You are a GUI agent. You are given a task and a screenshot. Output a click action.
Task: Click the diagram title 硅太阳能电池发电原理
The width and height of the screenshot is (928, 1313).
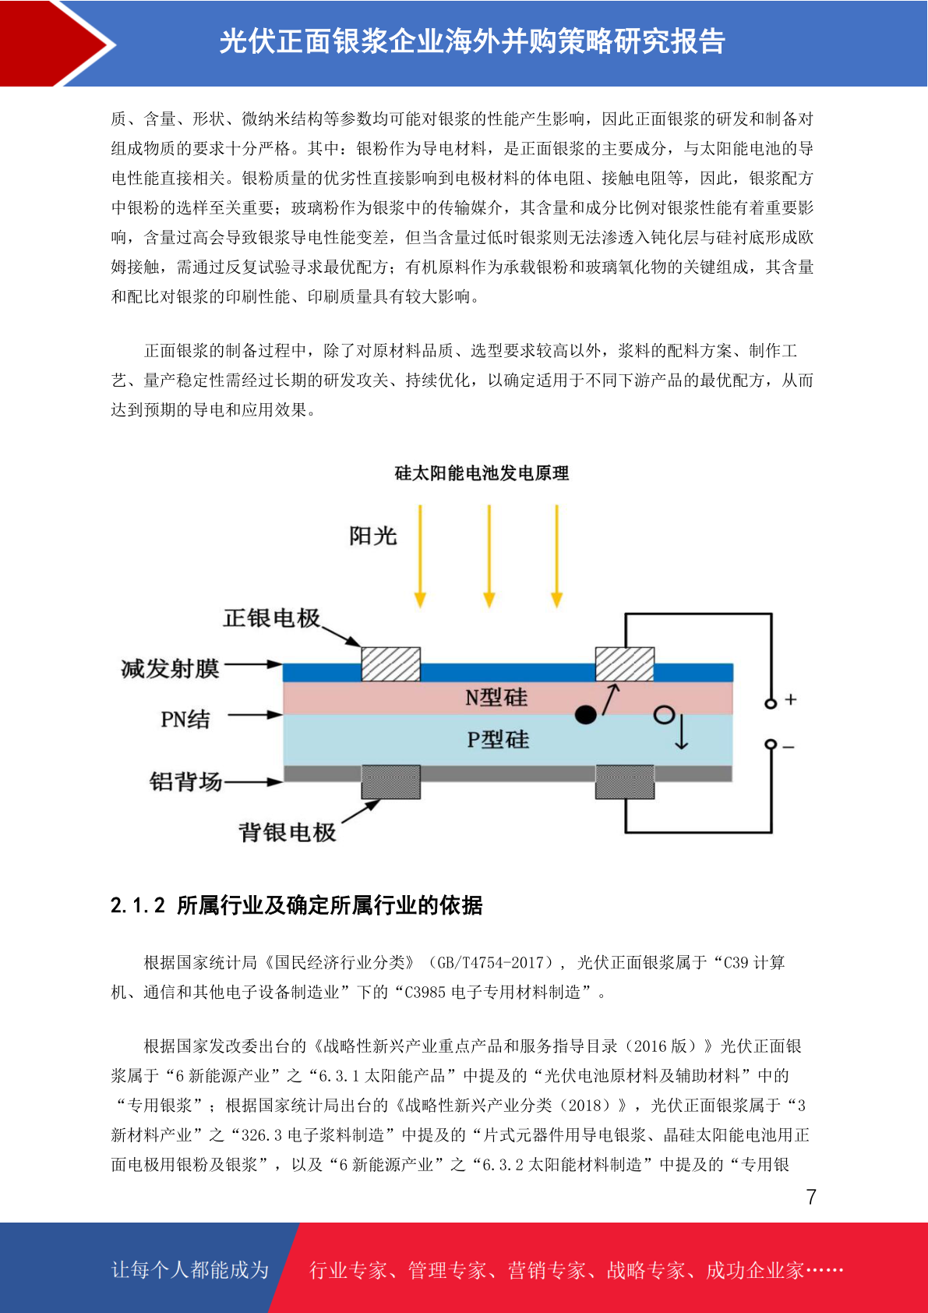tap(482, 473)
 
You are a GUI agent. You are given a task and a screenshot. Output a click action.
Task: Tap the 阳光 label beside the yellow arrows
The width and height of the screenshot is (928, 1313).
tap(372, 536)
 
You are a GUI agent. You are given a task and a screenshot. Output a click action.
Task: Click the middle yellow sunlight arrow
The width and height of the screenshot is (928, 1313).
tap(489, 556)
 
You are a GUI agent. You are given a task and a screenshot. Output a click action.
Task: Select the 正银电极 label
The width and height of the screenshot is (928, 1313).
tap(271, 618)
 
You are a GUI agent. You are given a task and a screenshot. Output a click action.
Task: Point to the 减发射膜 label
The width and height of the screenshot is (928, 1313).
tap(170, 669)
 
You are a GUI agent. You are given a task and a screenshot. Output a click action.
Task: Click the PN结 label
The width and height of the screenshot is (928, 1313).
tap(185, 719)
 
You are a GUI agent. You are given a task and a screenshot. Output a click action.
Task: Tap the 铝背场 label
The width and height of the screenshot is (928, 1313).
tap(185, 781)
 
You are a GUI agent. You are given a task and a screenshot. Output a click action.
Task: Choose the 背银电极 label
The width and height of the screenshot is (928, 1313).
tap(287, 833)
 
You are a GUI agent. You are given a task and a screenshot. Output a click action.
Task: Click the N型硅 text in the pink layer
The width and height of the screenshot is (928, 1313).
tap(496, 698)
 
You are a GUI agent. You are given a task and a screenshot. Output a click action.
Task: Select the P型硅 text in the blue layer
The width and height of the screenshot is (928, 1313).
tap(498, 740)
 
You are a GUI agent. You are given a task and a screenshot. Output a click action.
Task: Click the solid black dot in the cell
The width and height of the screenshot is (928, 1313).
tap(586, 714)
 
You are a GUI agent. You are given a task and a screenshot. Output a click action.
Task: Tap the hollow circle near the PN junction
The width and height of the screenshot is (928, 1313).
tap(665, 714)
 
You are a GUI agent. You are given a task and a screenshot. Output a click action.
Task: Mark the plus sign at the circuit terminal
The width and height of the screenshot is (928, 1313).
tap(791, 699)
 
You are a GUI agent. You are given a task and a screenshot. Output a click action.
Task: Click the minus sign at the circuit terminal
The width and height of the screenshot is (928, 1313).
tap(789, 747)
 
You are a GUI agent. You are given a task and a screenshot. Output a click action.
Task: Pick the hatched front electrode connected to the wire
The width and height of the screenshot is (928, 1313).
tap(625, 664)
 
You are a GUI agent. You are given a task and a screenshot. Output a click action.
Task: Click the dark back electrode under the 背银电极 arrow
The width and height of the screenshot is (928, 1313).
tap(391, 782)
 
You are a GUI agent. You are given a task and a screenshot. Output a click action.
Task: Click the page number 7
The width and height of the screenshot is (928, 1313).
tap(811, 1196)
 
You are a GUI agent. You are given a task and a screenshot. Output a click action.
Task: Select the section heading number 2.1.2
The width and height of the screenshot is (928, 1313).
tap(138, 906)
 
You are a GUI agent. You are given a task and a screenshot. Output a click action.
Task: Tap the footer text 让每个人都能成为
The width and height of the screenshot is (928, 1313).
tap(190, 1269)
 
